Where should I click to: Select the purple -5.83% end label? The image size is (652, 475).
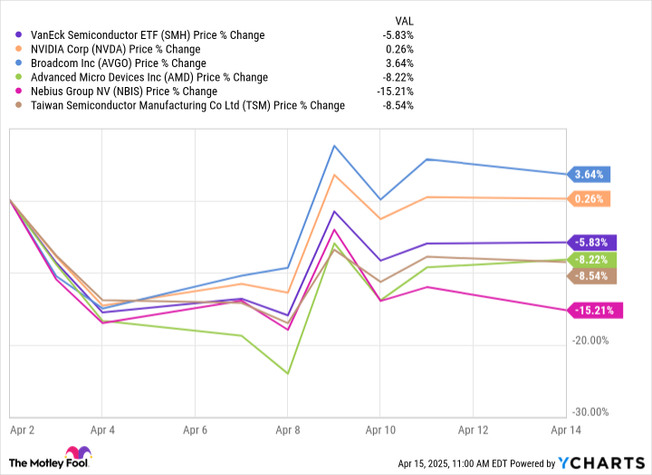click(x=592, y=242)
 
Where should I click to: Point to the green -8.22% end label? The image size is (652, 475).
click(x=592, y=259)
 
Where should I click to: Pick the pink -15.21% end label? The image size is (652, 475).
click(x=594, y=310)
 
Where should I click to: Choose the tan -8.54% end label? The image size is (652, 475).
click(x=592, y=276)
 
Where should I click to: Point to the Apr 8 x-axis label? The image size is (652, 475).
click(x=288, y=429)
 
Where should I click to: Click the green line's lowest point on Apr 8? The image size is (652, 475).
click(x=288, y=373)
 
